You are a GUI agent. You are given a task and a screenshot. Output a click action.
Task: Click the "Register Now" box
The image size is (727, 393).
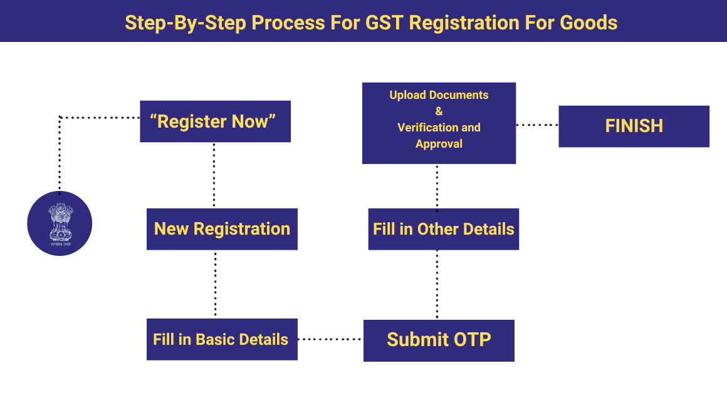coord(215,121)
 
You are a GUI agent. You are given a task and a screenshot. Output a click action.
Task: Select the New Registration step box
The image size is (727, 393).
coord(222,229)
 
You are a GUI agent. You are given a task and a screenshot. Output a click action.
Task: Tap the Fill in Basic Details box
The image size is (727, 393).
coord(222,339)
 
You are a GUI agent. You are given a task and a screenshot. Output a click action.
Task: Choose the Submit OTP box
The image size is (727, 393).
coord(439,340)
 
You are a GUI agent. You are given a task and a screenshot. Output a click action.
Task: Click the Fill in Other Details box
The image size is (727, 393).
coord(443,229)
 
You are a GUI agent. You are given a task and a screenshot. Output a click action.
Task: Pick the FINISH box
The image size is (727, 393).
coord(634,126)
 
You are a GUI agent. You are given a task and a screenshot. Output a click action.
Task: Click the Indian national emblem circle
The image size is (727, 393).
coord(60,223)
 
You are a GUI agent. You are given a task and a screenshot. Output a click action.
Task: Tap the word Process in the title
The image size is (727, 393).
coord(288,23)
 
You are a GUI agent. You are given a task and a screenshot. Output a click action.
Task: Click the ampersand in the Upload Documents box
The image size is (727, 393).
coord(439,111)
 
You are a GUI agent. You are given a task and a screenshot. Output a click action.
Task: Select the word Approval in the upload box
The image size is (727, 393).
coord(439,143)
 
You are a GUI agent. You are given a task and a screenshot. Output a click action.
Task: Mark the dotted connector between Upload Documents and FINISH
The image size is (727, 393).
coord(537,125)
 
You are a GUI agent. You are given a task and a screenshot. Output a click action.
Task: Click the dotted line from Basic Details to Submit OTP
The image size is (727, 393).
coord(330,340)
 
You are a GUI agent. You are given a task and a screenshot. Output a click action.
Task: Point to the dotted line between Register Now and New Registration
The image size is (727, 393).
coord(214,175)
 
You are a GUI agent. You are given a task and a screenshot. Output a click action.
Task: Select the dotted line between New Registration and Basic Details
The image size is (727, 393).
coord(215,284)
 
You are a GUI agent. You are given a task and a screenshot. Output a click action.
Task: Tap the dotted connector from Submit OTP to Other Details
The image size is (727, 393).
coord(437,285)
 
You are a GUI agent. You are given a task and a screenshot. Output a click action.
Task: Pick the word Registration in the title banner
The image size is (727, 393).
coord(464,23)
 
